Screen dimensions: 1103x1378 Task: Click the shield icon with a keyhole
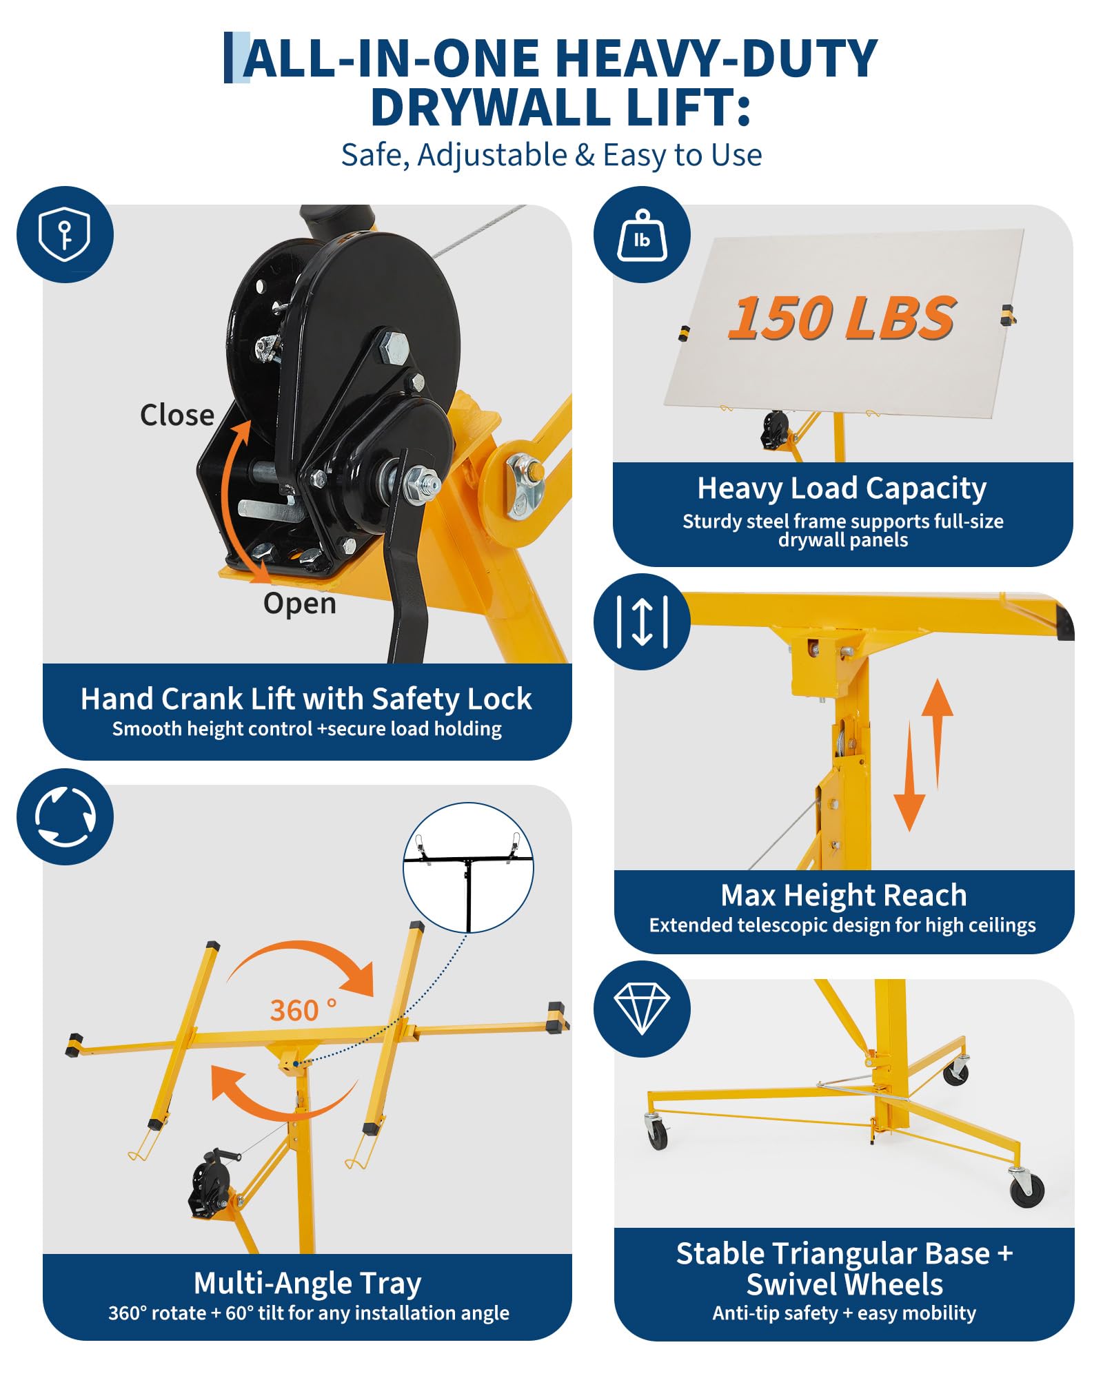pos(65,234)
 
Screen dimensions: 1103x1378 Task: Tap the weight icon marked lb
pos(642,234)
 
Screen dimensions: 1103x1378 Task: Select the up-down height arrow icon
pos(642,621)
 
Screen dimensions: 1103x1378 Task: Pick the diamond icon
pos(642,1009)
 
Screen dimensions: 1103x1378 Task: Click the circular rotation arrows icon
pos(65,816)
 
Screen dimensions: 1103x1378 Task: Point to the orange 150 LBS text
pos(842,318)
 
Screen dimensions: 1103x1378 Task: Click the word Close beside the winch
pos(177,415)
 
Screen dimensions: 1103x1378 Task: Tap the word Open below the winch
pos(300,604)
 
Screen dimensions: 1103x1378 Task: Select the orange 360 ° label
pos(303,1010)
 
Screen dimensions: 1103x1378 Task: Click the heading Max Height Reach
pos(844,895)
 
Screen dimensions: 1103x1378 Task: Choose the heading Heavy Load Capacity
pos(842,488)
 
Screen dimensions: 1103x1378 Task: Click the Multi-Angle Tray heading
pos(307,1284)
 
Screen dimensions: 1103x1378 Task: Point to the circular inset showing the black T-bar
pos(468,867)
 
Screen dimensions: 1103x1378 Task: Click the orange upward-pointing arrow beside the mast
pos(938,733)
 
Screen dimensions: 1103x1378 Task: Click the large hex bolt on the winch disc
pos(393,348)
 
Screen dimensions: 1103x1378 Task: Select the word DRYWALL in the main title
pos(491,108)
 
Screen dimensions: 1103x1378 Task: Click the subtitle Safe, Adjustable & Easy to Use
pos(551,155)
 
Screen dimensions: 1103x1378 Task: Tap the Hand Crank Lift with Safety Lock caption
pos(306,699)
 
